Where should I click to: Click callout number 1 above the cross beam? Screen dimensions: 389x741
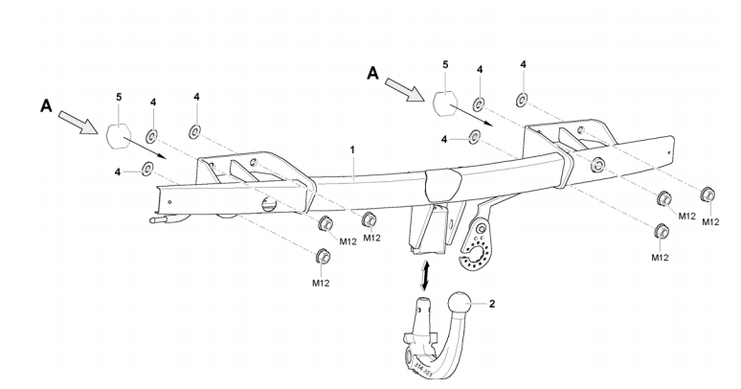pyautogui.click(x=352, y=151)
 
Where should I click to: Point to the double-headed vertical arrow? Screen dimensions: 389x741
pyautogui.click(x=424, y=273)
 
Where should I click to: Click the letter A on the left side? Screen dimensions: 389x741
pyautogui.click(x=45, y=108)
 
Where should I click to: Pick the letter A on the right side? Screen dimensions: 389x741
pyautogui.click(x=373, y=71)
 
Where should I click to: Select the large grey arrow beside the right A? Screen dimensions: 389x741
pyautogui.click(x=402, y=88)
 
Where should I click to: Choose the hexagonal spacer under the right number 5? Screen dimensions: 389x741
pyautogui.click(x=444, y=103)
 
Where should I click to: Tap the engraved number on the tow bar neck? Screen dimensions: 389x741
pyautogui.click(x=421, y=361)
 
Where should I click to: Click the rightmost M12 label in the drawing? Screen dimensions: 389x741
pyautogui.click(x=709, y=222)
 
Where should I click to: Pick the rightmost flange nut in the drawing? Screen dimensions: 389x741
pyautogui.click(x=709, y=194)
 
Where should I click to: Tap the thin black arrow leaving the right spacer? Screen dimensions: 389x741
pyautogui.click(x=476, y=117)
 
